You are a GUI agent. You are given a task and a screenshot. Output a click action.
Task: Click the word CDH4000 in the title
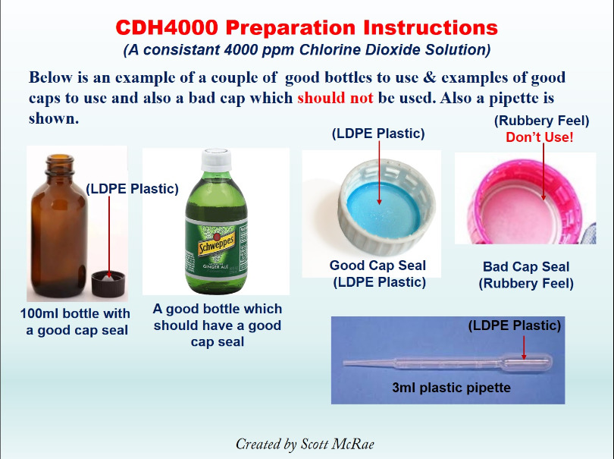(x=167, y=27)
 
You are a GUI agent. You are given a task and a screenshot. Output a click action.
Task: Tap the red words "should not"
(x=335, y=98)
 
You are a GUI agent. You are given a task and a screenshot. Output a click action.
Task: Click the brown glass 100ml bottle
(x=58, y=226)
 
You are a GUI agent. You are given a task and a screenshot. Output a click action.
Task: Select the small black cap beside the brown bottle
(x=108, y=284)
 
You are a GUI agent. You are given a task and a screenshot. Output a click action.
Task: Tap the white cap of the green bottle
(x=216, y=160)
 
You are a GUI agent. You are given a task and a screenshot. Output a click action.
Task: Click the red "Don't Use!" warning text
(x=539, y=137)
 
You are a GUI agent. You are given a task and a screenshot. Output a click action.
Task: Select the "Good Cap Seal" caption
(x=377, y=266)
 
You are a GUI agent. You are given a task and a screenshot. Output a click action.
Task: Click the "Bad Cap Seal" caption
(x=526, y=266)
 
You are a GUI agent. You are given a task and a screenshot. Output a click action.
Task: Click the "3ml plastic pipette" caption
(x=452, y=388)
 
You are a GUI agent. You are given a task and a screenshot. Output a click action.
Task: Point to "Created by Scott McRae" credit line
(x=305, y=444)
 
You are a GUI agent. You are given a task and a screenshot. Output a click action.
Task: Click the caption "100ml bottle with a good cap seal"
(x=75, y=322)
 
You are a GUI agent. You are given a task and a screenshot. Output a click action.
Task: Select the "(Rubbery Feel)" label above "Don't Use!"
(x=541, y=121)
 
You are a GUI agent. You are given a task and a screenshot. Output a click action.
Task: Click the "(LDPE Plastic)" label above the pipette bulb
(x=515, y=325)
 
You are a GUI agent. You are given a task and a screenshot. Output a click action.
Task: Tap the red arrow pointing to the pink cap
(x=543, y=171)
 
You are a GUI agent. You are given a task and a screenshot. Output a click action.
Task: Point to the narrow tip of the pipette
(x=345, y=363)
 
